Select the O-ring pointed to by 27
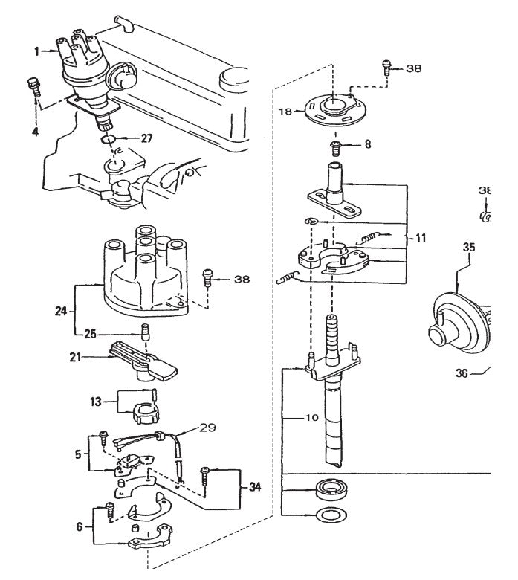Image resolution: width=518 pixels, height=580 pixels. coord(107,138)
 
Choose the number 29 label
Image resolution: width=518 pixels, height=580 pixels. coord(207,428)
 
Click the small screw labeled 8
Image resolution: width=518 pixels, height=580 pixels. coord(335,145)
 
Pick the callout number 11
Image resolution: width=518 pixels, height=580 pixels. coord(421,239)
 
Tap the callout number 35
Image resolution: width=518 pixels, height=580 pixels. coord(467,247)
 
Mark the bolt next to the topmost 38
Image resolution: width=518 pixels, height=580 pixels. coord(386,66)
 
